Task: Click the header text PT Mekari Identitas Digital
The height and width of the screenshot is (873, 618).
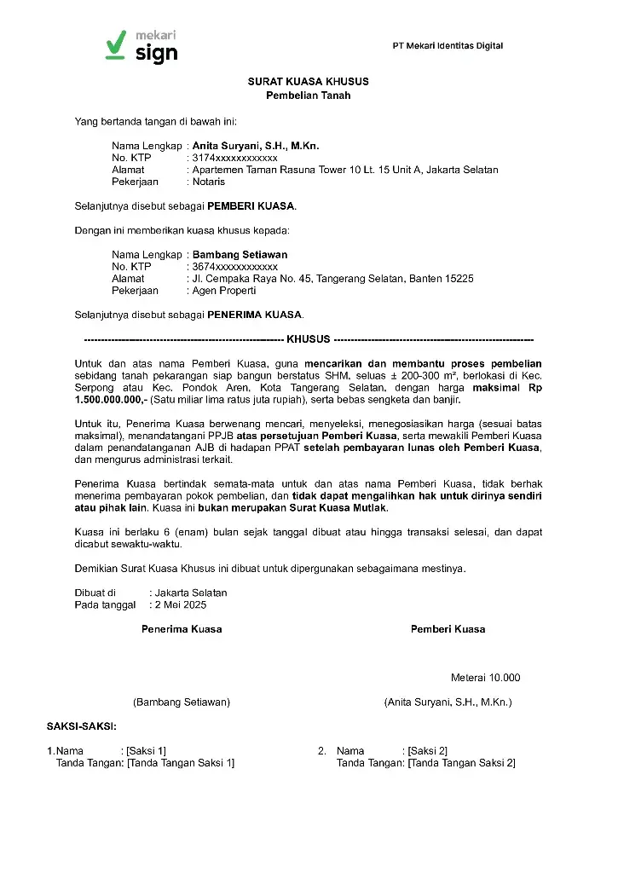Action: coord(448,46)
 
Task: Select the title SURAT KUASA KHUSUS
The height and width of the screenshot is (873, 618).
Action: coord(309,82)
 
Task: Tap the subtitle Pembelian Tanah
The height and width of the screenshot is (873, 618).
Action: coord(309,95)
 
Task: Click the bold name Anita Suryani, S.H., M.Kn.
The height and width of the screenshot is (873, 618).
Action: coord(256,147)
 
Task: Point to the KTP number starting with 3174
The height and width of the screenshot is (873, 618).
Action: coord(235,159)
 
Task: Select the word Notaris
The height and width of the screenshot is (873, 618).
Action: coord(209,182)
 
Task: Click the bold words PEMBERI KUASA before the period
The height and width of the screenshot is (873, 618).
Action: coord(251,206)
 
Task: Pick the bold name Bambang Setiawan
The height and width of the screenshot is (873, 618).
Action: coord(240,255)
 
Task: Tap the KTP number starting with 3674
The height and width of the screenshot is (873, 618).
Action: coord(235,267)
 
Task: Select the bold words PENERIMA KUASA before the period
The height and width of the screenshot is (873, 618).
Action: coord(255,315)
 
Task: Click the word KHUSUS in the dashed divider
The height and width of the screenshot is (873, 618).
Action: coord(309,339)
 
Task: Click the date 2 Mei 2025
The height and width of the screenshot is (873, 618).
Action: coord(180,605)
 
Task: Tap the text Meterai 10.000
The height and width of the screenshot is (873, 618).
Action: coord(485,679)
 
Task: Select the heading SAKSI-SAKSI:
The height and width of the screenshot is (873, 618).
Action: coord(82,726)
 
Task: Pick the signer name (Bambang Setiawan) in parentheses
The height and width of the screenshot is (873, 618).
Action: coord(182,702)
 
